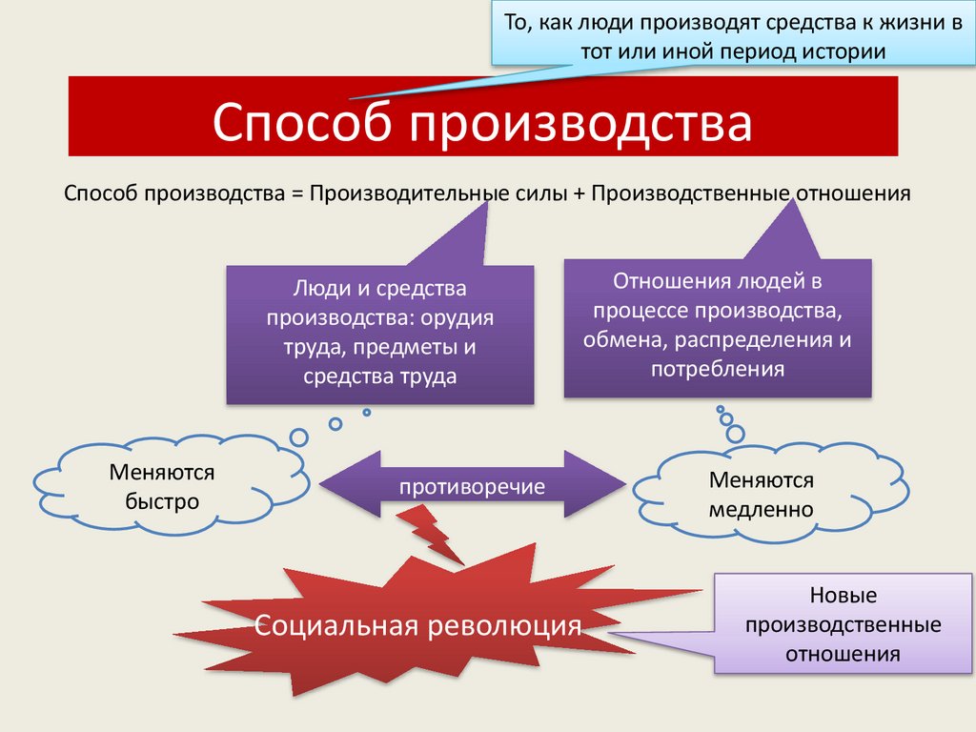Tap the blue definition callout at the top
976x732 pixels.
pyautogui.click(x=732, y=34)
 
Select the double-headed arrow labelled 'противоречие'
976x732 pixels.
pyautogui.click(x=473, y=487)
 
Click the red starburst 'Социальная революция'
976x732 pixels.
pyautogui.click(x=419, y=625)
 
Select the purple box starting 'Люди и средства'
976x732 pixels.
pyautogui.click(x=380, y=334)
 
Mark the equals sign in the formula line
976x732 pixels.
pyautogui.click(x=297, y=193)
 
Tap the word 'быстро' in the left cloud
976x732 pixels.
pyautogui.click(x=162, y=499)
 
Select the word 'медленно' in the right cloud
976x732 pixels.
pyautogui.click(x=761, y=509)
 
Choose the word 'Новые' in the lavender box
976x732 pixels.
pyautogui.click(x=843, y=597)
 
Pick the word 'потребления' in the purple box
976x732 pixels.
pyautogui.click(x=717, y=369)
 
